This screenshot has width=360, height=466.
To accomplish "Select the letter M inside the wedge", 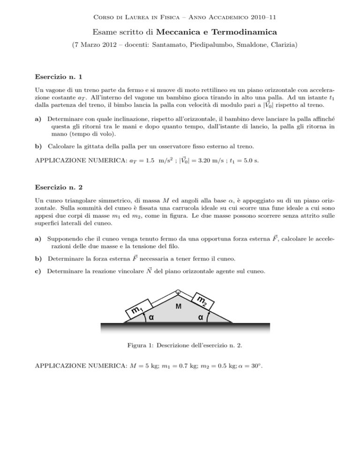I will pos(178,307).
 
